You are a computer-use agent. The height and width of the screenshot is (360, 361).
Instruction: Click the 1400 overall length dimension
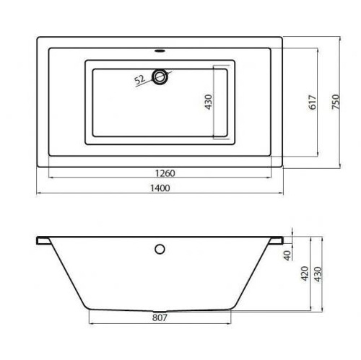pyautogui.click(x=160, y=188)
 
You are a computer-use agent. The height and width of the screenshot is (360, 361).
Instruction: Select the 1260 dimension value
pyautogui.click(x=165, y=173)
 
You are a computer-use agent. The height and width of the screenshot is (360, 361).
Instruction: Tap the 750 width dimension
pyautogui.click(x=336, y=102)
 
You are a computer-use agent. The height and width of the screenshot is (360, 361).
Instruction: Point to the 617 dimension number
pyautogui.click(x=313, y=102)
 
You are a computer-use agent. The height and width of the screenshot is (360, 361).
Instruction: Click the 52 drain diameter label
pyautogui.click(x=139, y=80)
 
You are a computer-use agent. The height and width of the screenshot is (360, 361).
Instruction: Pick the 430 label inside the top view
pyautogui.click(x=209, y=102)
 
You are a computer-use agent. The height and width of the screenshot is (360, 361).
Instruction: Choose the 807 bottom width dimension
pyautogui.click(x=160, y=317)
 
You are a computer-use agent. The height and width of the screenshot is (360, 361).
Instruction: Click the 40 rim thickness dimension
pyautogui.click(x=287, y=255)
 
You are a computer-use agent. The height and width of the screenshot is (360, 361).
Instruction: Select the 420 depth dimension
pyautogui.click(x=305, y=273)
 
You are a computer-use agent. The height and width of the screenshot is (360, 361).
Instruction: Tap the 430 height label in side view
pyautogui.click(x=318, y=274)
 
